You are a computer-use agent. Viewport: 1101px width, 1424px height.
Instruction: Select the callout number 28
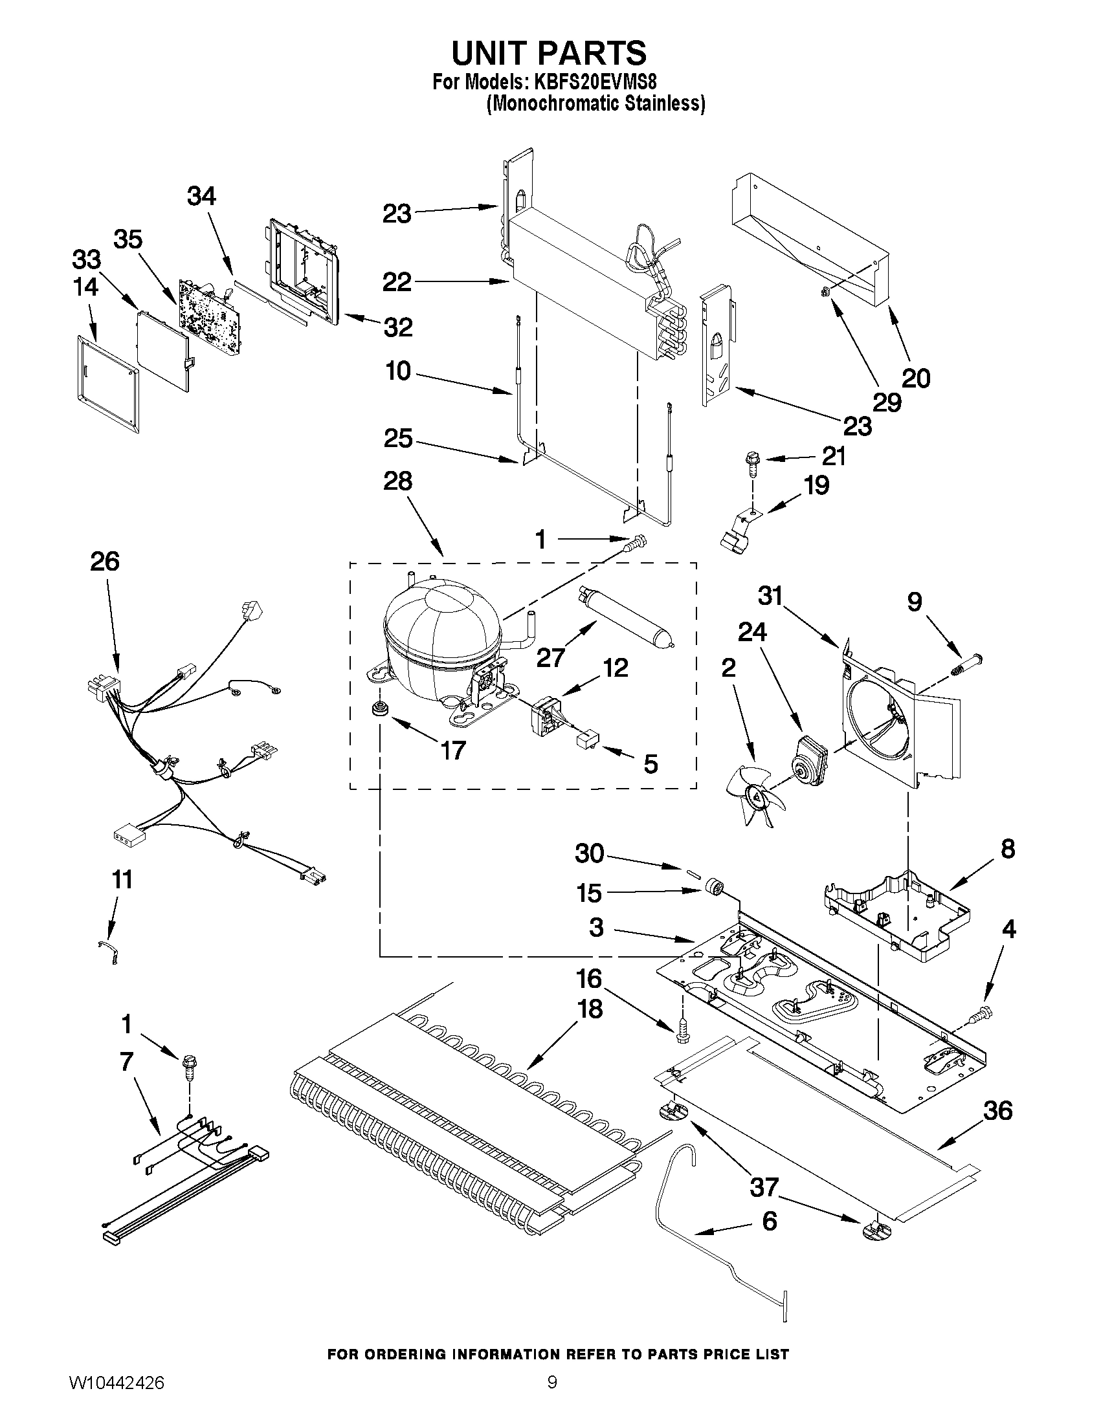click(398, 481)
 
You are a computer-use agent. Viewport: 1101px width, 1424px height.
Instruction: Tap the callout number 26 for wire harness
click(105, 562)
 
